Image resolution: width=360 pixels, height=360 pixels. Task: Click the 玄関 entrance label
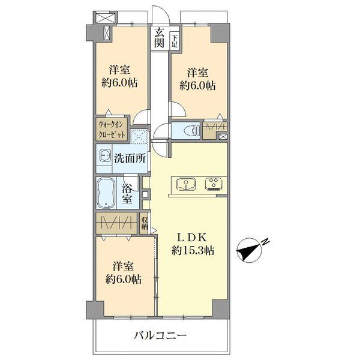point(159,37)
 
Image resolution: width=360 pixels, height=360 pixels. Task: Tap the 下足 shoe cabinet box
point(175,41)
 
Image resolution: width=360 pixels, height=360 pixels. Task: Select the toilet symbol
point(192,130)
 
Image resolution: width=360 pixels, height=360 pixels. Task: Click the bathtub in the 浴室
point(106,193)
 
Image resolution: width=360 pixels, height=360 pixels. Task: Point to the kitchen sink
point(186,184)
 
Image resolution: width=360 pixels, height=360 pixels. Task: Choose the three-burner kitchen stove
point(214,184)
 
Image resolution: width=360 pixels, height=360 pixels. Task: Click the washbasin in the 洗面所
point(104,155)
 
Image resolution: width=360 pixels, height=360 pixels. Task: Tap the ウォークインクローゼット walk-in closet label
point(112,130)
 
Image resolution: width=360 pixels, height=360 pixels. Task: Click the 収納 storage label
point(145,223)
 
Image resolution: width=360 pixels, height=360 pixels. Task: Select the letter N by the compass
point(266,242)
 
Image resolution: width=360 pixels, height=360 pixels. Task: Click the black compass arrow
point(248,251)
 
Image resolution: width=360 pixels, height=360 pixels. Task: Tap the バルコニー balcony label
point(160,336)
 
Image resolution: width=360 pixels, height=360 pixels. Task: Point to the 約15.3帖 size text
point(193,250)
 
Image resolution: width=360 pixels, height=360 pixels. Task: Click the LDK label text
point(193,238)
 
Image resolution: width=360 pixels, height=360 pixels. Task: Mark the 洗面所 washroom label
point(130,158)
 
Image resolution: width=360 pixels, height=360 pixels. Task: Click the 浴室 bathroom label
point(127,194)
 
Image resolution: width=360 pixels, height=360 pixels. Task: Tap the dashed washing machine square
point(139,136)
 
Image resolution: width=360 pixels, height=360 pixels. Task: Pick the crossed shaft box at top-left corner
point(105,18)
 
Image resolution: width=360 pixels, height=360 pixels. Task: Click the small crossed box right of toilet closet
point(223,137)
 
